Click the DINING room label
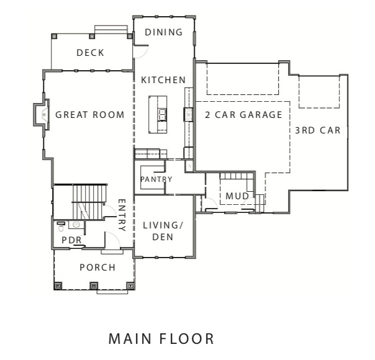(163, 32)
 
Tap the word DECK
(90, 53)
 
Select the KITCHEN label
(163, 80)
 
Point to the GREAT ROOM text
(89, 115)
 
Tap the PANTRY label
(155, 179)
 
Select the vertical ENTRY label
(122, 215)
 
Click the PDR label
(68, 240)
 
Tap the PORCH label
(97, 268)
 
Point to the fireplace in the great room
(41, 114)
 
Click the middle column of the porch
(94, 286)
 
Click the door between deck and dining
(140, 52)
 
